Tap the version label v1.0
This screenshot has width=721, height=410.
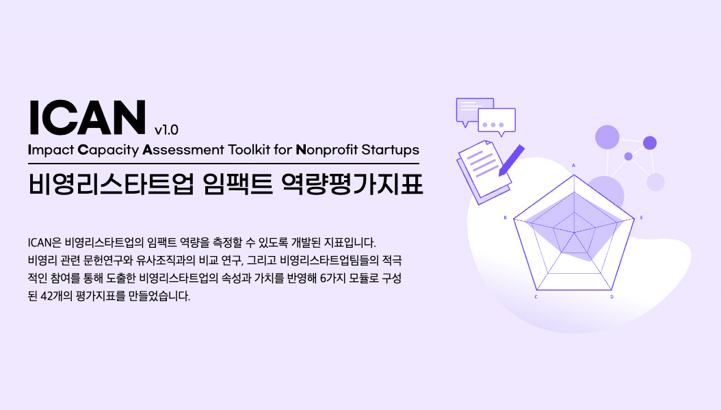point(166,130)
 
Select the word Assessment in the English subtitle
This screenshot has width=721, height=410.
point(183,150)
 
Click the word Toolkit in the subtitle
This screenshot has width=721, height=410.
point(249,150)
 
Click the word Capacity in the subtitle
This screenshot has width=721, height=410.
point(108,151)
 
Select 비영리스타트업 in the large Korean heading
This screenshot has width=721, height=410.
point(110,183)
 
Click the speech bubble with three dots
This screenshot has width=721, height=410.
point(497,121)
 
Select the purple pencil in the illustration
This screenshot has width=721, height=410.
point(511,160)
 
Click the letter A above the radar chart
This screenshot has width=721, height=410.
point(573,165)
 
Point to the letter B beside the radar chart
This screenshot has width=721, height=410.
point(506,218)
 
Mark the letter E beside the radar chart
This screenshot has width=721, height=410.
point(642,218)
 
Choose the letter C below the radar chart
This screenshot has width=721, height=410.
point(536,297)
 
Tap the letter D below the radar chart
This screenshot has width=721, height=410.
point(612,297)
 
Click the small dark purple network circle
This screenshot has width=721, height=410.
point(628,157)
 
